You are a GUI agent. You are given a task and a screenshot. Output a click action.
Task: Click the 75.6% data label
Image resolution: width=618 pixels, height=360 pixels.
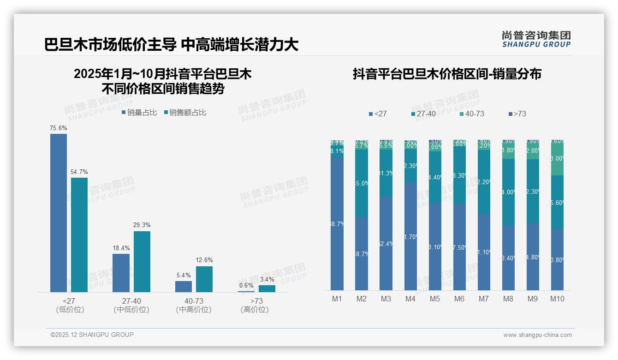59,128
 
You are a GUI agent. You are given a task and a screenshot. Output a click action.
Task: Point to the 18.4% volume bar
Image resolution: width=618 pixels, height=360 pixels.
121,273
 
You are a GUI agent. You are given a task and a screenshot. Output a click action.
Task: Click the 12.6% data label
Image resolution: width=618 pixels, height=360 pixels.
204,260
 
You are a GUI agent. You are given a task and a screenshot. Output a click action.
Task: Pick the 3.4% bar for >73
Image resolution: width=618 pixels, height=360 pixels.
267,288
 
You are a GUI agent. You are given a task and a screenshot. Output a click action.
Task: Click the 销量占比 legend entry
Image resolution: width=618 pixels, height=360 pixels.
139,112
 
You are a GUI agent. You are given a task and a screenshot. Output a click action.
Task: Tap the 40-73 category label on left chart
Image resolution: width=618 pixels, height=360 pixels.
193,301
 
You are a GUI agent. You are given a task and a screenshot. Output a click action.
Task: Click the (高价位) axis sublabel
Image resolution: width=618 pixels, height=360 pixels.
255,310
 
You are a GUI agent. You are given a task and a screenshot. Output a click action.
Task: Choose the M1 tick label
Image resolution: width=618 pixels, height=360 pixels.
337,299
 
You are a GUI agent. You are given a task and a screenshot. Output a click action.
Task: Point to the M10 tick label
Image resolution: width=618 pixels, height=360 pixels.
557,299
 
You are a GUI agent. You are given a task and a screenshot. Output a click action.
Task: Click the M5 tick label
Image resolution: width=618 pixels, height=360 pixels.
435,299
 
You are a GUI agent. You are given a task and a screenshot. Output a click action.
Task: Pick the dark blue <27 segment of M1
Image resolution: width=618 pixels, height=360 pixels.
337,223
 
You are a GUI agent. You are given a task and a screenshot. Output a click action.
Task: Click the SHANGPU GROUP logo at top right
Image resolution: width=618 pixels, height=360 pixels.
536,39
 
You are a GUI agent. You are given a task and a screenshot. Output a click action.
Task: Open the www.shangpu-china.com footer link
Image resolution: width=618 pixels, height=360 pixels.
537,335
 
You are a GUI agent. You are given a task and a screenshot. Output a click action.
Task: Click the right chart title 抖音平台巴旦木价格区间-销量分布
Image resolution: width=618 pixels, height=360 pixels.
447,74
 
